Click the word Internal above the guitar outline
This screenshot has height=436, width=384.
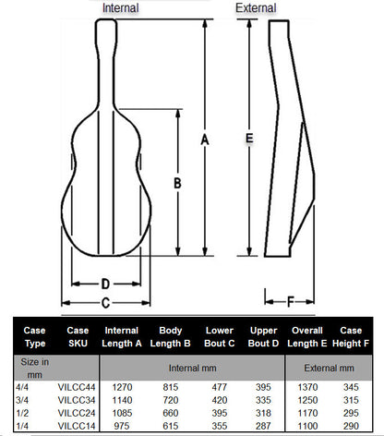(x=121, y=8)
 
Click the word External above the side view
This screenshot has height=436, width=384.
(x=256, y=8)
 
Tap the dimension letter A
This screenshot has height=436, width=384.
(x=204, y=139)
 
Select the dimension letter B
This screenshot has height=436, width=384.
(x=176, y=183)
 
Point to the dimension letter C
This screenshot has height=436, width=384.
(x=105, y=302)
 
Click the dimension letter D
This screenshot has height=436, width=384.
(x=105, y=284)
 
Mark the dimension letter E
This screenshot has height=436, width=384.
(x=248, y=138)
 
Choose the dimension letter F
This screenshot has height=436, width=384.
(x=290, y=301)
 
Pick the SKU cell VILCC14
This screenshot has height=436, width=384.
(x=75, y=428)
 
